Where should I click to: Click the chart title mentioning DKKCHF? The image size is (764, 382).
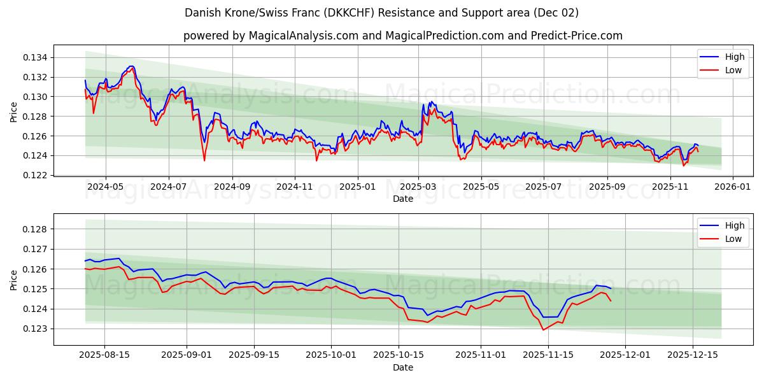pyautogui.click(x=381, y=13)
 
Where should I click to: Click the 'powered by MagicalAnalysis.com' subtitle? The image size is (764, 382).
pyautogui.click(x=402, y=36)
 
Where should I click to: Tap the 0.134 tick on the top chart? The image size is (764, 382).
pyautogui.click(x=36, y=58)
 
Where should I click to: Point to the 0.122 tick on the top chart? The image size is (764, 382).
pyautogui.click(x=36, y=175)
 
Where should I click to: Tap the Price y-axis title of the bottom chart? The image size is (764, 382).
pyautogui.click(x=14, y=279)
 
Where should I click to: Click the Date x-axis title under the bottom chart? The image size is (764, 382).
pyautogui.click(x=402, y=367)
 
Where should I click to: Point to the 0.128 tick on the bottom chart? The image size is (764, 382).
pyautogui.click(x=36, y=229)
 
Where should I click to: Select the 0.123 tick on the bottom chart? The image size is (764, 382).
pyautogui.click(x=36, y=329)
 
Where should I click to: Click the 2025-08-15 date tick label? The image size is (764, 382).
pyautogui.click(x=105, y=355)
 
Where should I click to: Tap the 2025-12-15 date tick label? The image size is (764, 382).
pyautogui.click(x=693, y=355)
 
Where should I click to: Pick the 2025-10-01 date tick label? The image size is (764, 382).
pyautogui.click(x=330, y=355)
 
